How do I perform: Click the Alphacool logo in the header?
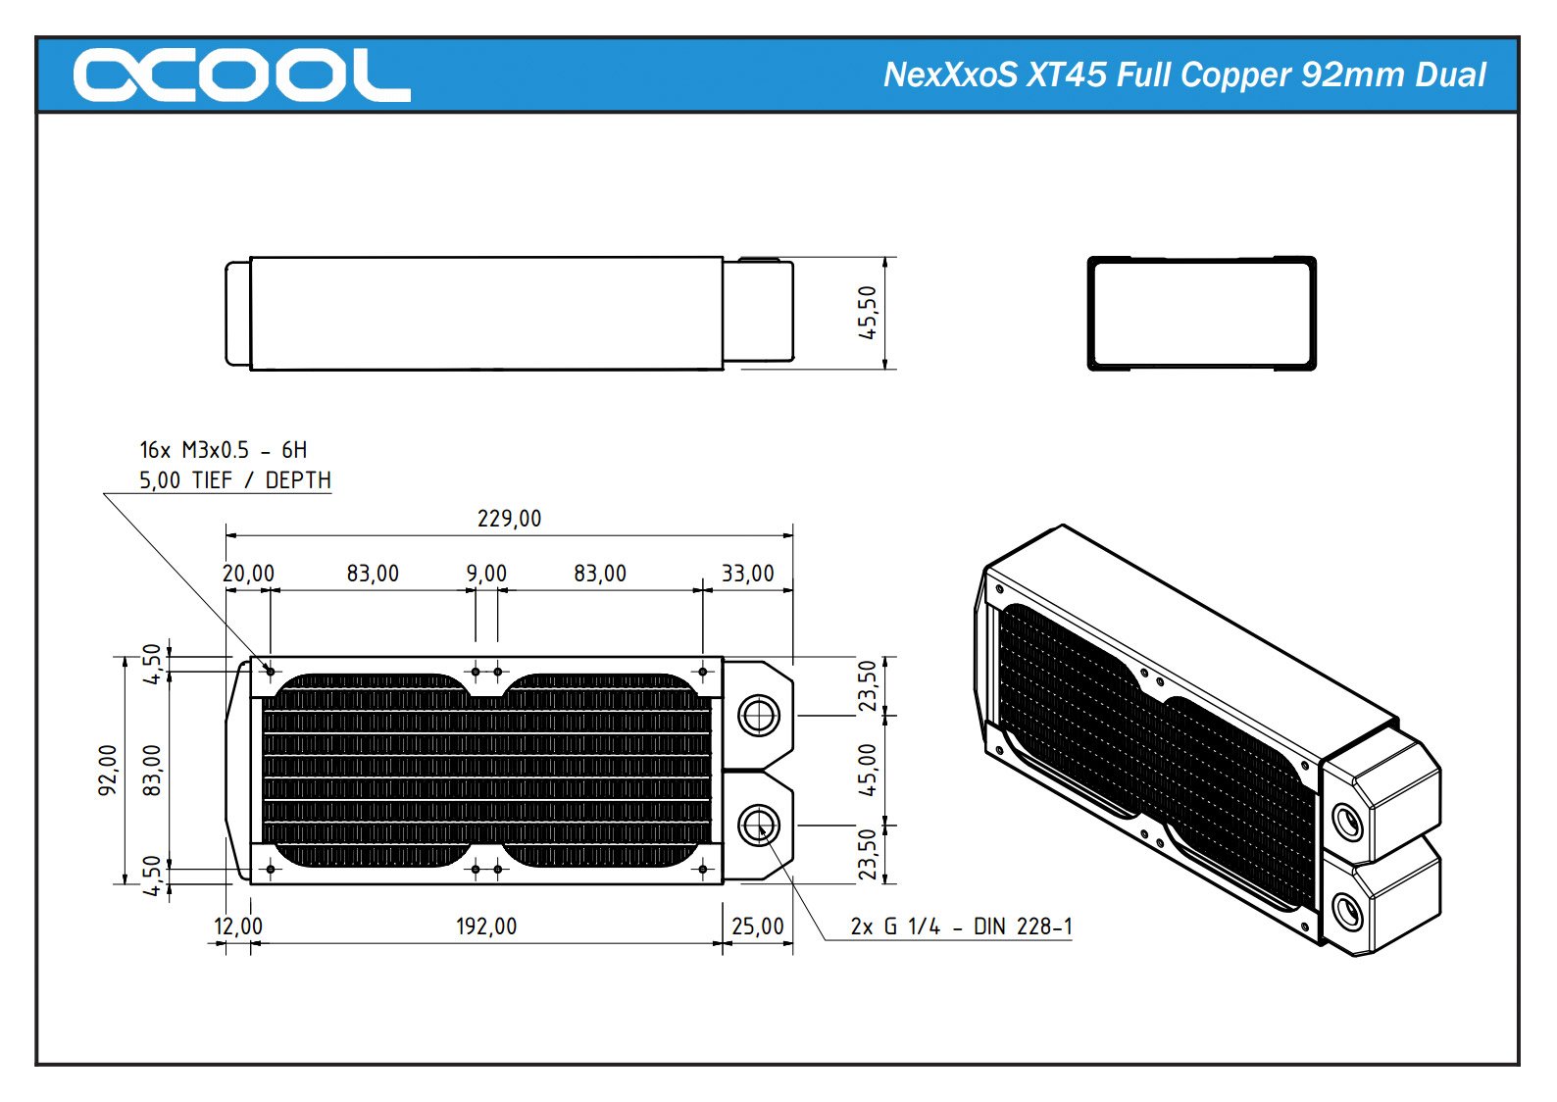point(241,75)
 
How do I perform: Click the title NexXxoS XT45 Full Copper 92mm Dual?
point(1183,75)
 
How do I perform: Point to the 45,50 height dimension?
point(868,313)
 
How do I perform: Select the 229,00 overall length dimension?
point(509,519)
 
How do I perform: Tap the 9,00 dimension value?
point(486,574)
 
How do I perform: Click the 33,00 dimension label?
point(747,574)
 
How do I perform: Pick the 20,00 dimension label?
point(248,574)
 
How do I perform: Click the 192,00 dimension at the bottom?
point(486,927)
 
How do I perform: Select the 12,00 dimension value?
point(238,927)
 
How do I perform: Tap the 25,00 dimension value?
point(758,927)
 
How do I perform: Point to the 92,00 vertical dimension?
point(108,770)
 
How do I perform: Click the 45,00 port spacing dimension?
point(868,770)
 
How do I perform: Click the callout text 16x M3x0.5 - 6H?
point(224,450)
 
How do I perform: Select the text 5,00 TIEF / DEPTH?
point(234,480)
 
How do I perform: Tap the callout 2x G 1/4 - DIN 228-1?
point(961,927)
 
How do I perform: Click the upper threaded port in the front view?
point(758,715)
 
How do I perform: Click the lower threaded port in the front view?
point(758,825)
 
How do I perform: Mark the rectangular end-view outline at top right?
point(1201,314)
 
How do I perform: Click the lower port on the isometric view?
point(1348,912)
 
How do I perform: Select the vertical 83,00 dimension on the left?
point(152,770)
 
